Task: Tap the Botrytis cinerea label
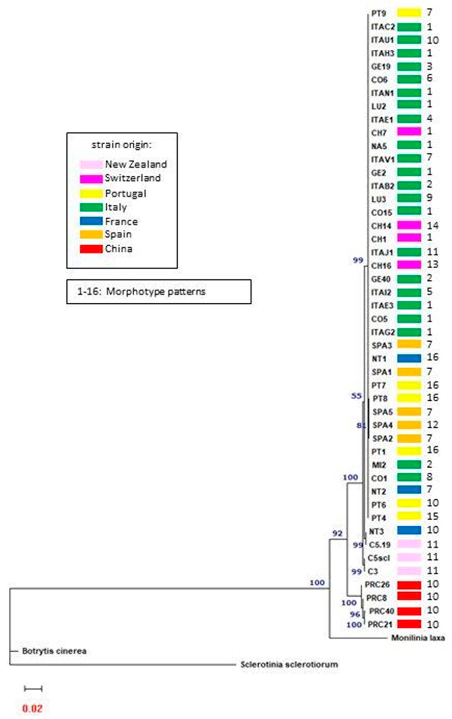point(54,651)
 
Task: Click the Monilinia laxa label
point(418,638)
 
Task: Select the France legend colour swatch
point(91,221)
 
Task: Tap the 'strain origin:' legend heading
point(122,145)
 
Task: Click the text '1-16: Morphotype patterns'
point(141,291)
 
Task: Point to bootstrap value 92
point(337,533)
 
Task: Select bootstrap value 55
point(356,396)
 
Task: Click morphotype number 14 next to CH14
point(432,225)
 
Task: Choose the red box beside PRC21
point(409,624)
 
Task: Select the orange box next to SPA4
point(409,425)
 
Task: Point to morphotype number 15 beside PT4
point(432,516)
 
